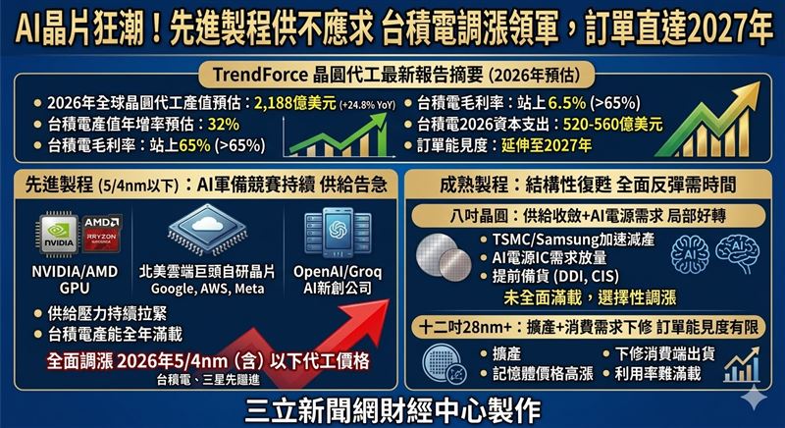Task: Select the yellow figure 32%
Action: click(x=223, y=125)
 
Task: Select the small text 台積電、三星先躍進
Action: click(x=207, y=380)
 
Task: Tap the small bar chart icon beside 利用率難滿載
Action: click(x=741, y=365)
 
